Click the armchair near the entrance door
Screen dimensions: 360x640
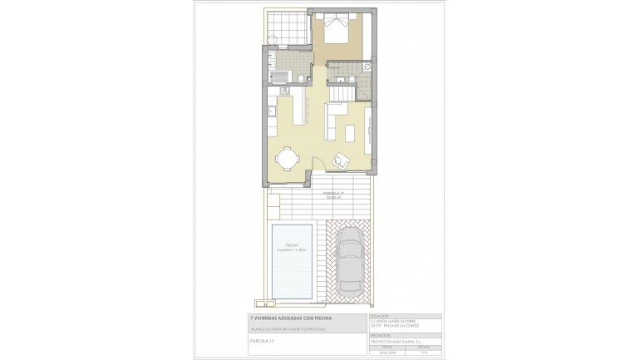click(x=340, y=160)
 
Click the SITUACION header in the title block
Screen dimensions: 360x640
click(x=381, y=316)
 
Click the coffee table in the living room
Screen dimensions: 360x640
click(x=350, y=131)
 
